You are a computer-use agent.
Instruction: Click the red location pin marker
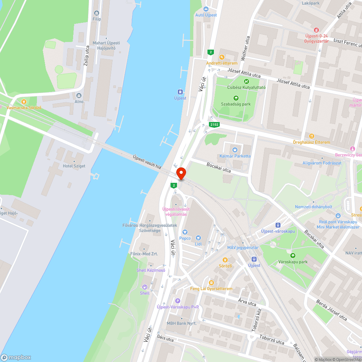(x=181, y=173)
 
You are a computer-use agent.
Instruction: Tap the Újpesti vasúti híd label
(x=147, y=161)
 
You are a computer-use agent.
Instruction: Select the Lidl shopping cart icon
(x=198, y=237)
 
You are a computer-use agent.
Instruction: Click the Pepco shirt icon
(x=185, y=232)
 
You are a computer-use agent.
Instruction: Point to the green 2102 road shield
(x=214, y=125)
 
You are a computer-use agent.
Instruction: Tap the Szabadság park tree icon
(x=236, y=98)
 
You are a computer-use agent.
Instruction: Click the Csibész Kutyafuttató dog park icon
(x=247, y=81)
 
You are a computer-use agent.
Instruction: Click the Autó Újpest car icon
(x=206, y=9)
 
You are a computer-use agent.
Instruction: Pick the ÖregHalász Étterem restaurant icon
(x=312, y=136)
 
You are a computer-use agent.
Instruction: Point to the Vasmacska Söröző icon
(x=24, y=102)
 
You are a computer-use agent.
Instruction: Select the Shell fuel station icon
(x=144, y=287)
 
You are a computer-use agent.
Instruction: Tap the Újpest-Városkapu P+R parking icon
(x=177, y=300)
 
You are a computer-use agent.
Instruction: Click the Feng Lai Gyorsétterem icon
(x=211, y=282)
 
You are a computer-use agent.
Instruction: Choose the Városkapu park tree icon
(x=293, y=256)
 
